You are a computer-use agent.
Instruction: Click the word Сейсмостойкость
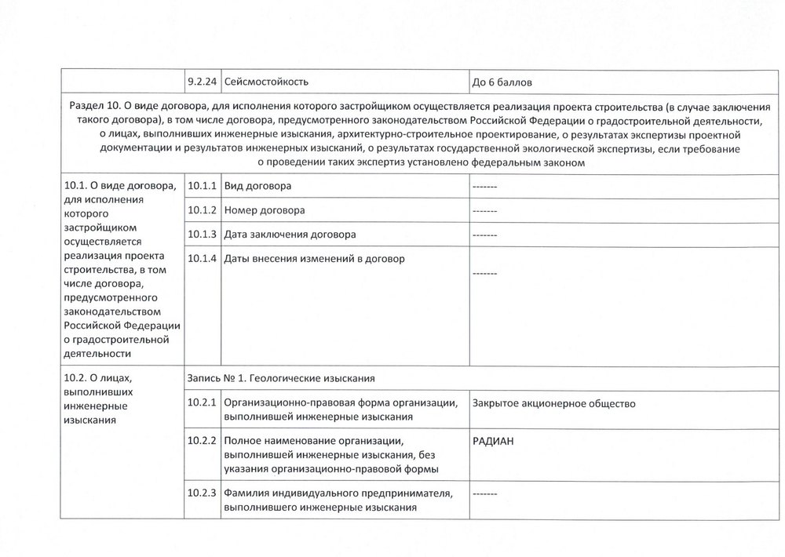266,82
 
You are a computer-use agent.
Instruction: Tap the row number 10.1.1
202,187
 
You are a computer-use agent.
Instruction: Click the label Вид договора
257,187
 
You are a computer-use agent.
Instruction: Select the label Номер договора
265,211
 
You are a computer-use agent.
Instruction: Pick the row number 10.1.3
202,235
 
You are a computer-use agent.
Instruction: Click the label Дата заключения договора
290,235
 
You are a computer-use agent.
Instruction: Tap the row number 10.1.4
202,259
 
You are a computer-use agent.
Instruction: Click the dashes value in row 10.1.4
485,274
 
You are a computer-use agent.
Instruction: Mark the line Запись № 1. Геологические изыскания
281,378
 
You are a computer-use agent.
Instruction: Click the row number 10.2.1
202,403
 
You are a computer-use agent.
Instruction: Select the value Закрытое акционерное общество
553,404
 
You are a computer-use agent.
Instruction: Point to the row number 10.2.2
202,441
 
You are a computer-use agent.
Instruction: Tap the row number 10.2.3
202,493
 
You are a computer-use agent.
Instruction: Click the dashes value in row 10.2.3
485,494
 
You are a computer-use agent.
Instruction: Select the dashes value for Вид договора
485,187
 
